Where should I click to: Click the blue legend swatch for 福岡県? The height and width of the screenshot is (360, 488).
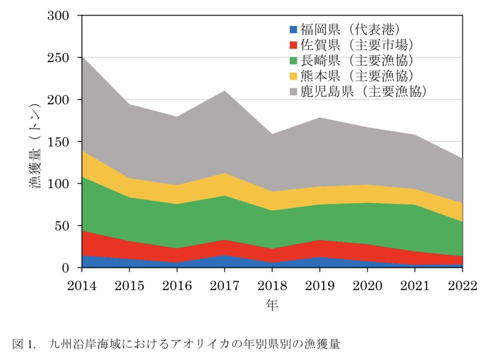click(x=293, y=30)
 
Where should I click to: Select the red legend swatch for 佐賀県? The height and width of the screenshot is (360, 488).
click(x=293, y=45)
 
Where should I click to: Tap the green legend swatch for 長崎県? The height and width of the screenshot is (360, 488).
click(x=293, y=60)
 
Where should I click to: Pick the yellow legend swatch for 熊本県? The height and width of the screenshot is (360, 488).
click(x=293, y=76)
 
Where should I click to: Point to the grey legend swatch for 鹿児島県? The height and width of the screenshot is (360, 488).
click(x=293, y=91)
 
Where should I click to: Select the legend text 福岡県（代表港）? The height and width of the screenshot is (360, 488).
click(x=350, y=30)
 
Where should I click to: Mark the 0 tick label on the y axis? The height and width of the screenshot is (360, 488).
click(x=65, y=268)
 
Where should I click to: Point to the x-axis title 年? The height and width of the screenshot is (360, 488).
click(x=272, y=305)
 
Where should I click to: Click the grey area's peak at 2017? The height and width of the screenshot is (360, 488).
click(x=224, y=91)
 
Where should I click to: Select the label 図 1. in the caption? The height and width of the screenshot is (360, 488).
click(x=23, y=344)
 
